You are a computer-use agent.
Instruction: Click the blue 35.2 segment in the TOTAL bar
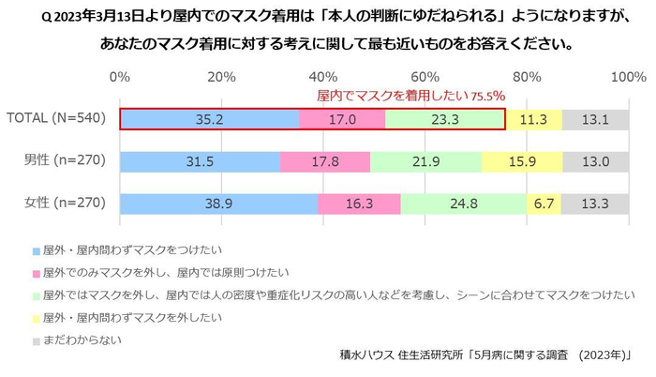coord(209,119)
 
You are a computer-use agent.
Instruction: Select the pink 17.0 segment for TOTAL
coord(342,119)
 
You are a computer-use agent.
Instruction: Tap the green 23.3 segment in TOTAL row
coord(444,119)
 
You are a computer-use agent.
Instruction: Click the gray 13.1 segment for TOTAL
coord(595,119)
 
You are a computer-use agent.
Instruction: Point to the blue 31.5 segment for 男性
coord(200,161)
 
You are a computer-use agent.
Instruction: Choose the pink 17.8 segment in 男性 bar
coord(325,161)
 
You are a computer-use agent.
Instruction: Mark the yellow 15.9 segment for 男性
coord(522,161)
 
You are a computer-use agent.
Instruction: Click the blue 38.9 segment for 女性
coord(218,203)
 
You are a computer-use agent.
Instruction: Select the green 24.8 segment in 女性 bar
coord(463,203)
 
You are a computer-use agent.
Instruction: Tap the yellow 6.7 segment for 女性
coord(544,203)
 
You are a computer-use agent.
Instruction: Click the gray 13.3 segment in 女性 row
coord(595,203)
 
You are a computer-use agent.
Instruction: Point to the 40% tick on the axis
coord(323,76)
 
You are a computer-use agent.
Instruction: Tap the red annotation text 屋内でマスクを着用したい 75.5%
coord(411,95)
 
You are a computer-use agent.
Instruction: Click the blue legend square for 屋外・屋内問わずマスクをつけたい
coord(37,251)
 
